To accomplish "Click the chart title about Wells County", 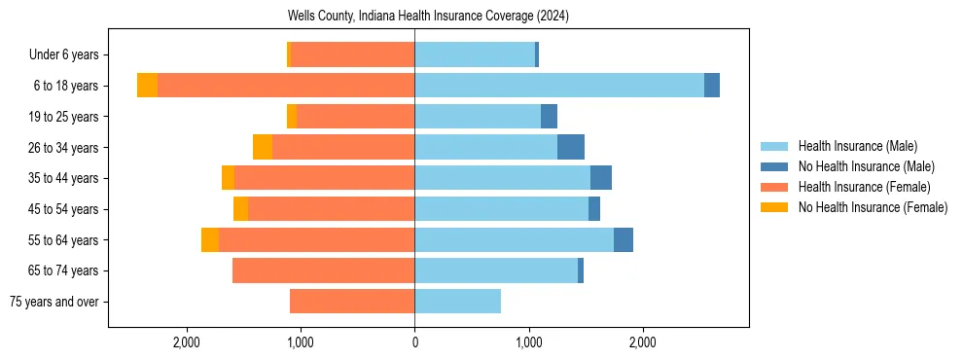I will click(428, 17).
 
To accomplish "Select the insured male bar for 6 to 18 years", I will click(559, 86).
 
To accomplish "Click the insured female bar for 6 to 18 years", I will click(286, 86).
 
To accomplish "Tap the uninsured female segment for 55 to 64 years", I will click(210, 239).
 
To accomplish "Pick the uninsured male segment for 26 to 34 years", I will click(571, 147).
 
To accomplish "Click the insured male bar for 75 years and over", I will click(458, 302).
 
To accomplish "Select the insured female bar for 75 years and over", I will click(352, 302).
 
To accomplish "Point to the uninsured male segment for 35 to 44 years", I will click(601, 178).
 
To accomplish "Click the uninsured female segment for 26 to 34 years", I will click(263, 147).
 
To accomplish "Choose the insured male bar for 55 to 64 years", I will click(515, 239).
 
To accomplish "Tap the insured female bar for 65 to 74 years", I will click(324, 270).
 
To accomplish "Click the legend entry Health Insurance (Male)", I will click(857, 146).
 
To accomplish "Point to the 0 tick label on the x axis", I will click(414, 342).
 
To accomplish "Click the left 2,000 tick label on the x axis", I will click(186, 342).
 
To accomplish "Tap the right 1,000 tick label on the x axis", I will click(529, 342).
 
